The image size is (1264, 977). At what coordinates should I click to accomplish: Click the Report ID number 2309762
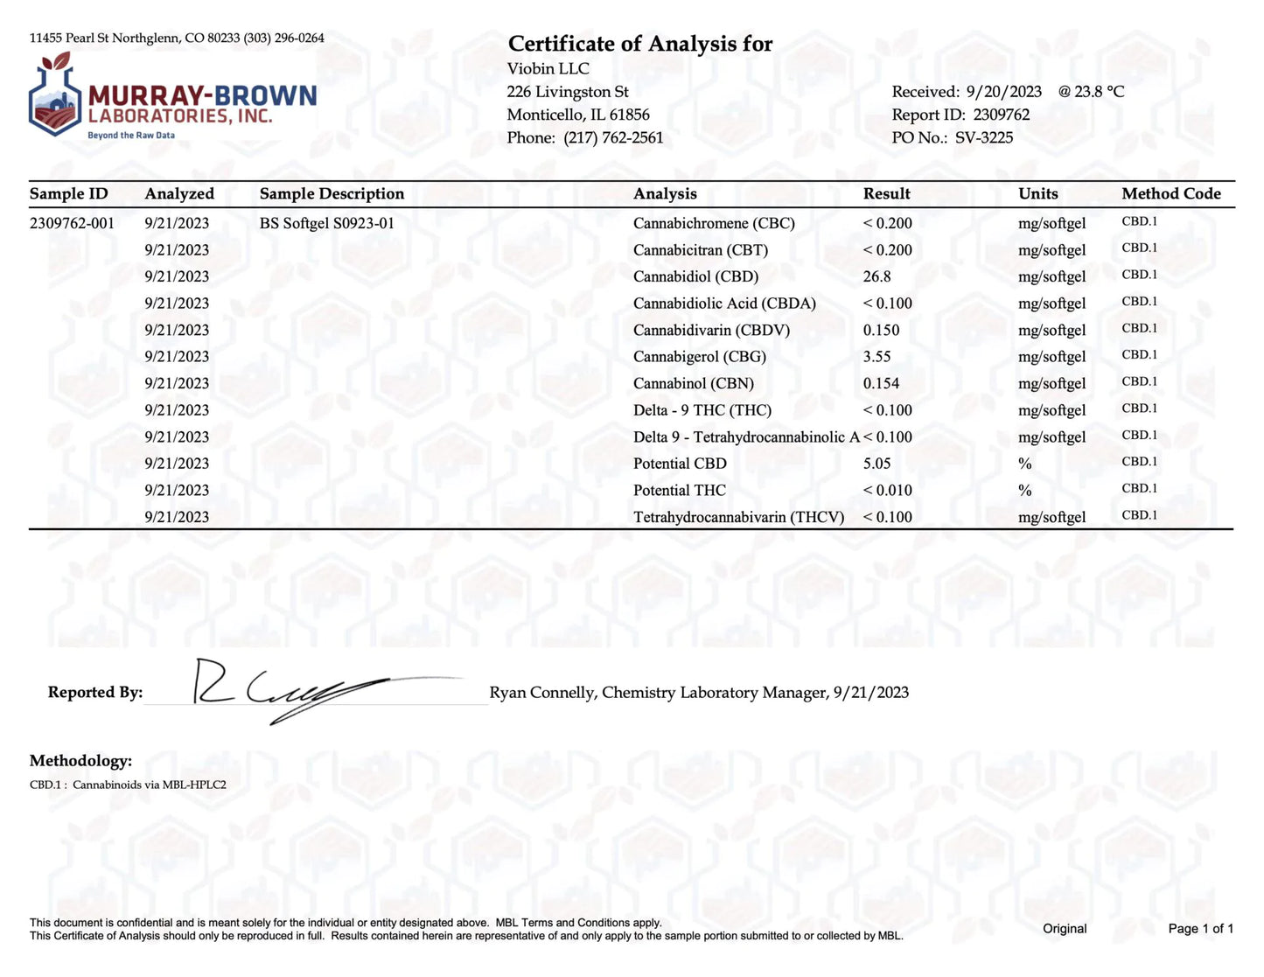click(x=1001, y=115)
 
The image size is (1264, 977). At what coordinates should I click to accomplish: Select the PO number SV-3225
click(x=984, y=137)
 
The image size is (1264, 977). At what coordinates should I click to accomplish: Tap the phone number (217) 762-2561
click(x=613, y=137)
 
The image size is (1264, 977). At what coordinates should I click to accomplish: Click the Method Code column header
click(x=1170, y=193)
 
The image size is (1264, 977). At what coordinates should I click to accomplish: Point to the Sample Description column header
click(x=332, y=193)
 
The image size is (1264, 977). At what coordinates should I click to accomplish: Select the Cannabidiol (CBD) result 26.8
click(x=876, y=276)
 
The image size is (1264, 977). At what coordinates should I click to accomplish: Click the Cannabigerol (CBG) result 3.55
click(x=876, y=357)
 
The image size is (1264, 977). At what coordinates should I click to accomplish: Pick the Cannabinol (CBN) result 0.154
click(x=881, y=383)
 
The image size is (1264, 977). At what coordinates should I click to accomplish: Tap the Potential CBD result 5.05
click(x=876, y=464)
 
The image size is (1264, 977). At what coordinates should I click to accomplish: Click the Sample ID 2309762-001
click(x=72, y=223)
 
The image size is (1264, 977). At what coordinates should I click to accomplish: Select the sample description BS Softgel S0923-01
click(x=326, y=223)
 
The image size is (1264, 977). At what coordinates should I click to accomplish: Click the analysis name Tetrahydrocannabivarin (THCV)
click(x=738, y=517)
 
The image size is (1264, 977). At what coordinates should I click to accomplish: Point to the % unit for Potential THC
click(x=1024, y=491)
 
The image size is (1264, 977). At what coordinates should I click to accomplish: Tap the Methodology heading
click(x=80, y=760)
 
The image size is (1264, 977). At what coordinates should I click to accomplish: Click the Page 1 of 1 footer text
click(x=1200, y=928)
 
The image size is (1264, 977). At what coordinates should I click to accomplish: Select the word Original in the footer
click(x=1065, y=928)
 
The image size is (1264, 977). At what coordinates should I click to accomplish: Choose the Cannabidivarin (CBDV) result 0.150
click(x=881, y=330)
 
